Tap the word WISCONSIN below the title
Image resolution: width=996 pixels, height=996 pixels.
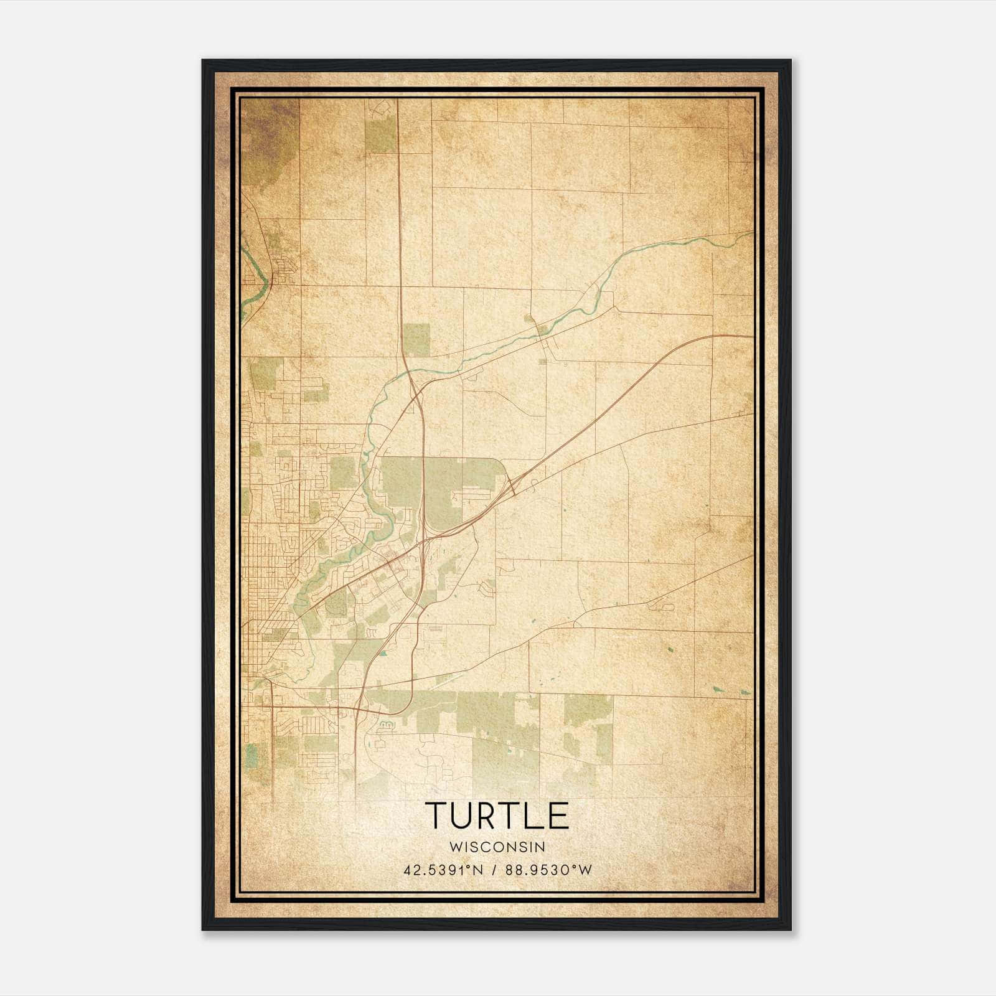click(497, 847)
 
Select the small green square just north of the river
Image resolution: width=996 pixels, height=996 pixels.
click(416, 339)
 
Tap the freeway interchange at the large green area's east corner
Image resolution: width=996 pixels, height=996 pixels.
click(512, 487)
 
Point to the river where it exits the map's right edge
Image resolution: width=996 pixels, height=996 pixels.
click(751, 233)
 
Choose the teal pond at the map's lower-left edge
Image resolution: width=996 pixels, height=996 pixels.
click(251, 755)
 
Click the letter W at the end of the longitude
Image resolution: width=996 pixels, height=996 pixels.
click(585, 870)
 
